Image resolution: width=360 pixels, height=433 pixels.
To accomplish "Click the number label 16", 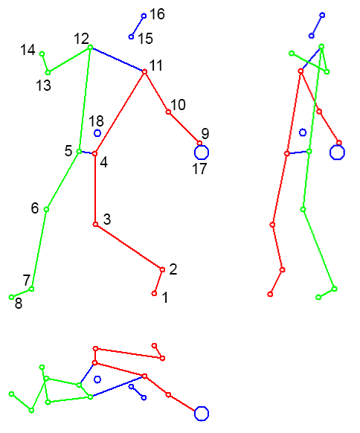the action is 157,14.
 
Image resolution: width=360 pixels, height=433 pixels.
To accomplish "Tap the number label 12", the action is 81,39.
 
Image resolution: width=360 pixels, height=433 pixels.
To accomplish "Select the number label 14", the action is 28,50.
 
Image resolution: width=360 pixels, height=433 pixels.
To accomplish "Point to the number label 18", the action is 96,121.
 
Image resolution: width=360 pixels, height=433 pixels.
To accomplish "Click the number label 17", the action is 199,169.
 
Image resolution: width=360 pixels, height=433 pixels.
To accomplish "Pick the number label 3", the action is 107,219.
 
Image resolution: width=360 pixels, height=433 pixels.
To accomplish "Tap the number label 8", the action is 19,304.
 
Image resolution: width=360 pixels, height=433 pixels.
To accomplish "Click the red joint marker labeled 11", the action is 144,72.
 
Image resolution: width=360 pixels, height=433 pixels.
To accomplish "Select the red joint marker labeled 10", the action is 168,112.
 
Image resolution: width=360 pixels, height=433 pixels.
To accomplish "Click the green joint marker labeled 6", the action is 46,210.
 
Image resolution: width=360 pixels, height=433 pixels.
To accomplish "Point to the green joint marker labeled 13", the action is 48,73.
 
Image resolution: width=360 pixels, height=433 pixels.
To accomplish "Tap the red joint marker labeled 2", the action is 162,269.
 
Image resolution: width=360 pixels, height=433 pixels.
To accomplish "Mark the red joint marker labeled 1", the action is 154,294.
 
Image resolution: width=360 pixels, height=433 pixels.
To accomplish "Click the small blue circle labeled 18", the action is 97,133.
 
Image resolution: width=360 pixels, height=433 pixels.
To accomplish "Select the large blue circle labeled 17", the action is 202,153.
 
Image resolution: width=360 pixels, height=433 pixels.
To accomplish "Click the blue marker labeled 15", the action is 131,36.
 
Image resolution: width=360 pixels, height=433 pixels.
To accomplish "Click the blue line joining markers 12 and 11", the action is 118,60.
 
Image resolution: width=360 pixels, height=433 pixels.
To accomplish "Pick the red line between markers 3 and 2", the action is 129,247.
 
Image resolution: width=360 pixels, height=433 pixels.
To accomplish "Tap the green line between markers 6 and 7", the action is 39,249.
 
